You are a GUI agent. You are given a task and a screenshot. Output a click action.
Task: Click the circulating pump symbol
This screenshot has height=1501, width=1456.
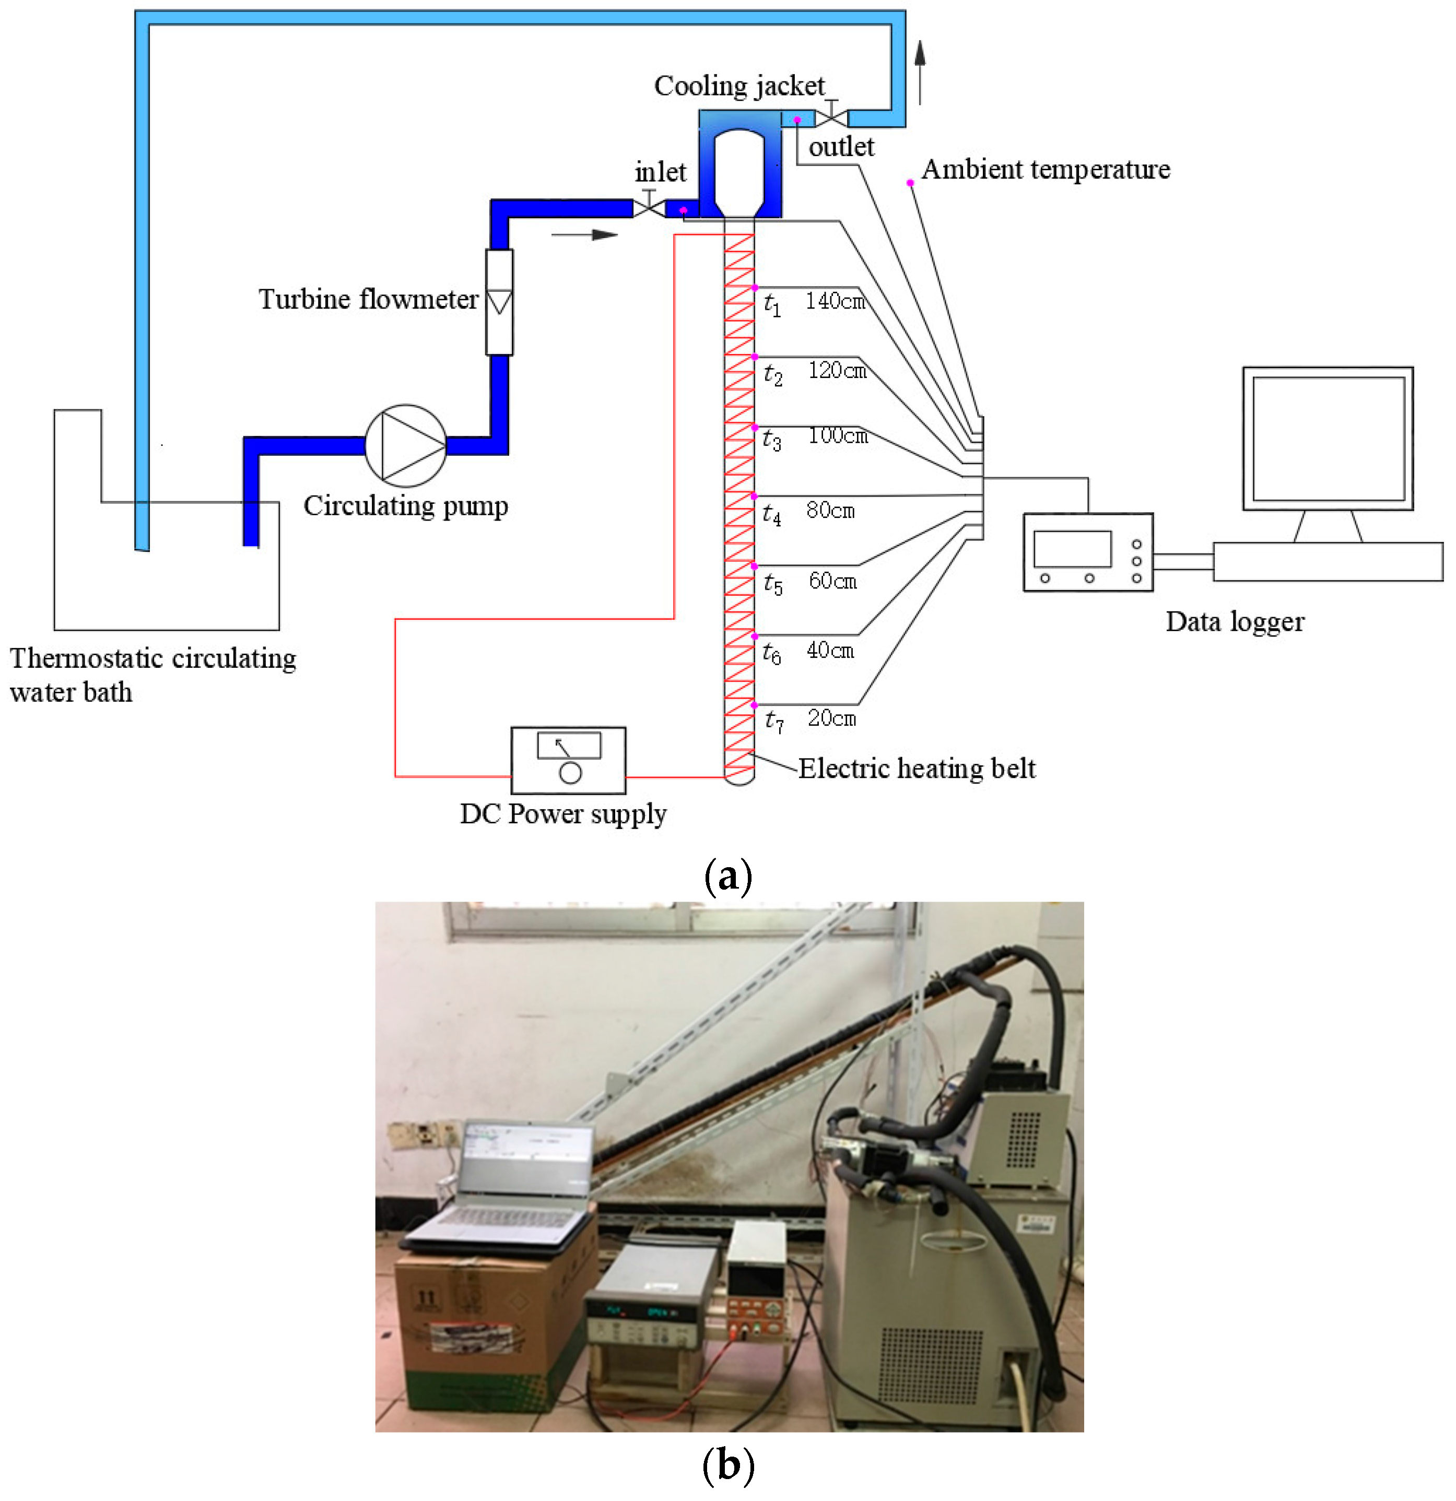405,446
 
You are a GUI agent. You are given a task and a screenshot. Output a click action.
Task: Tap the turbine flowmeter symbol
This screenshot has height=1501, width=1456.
499,302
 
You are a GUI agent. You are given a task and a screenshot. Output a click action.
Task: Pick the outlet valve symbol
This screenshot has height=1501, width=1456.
831,115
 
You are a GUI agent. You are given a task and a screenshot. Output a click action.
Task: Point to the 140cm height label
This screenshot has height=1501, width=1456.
835,301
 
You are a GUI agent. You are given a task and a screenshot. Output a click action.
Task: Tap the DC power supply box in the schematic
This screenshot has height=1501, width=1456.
568,761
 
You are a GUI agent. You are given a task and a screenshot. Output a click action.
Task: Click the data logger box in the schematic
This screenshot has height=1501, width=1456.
1088,551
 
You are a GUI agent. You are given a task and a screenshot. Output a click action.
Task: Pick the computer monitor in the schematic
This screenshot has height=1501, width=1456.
1328,438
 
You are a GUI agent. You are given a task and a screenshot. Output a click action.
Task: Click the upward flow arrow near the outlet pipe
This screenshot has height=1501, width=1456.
920,72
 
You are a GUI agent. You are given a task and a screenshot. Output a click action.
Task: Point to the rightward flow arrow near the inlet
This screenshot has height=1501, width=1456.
584,234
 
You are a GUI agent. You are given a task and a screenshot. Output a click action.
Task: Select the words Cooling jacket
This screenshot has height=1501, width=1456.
739,86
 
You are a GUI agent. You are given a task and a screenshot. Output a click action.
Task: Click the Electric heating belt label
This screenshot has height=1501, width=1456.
917,768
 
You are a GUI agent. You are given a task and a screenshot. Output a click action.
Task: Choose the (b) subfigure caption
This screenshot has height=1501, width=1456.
727,1465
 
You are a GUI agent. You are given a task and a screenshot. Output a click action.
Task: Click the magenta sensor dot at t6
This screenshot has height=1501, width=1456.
755,635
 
